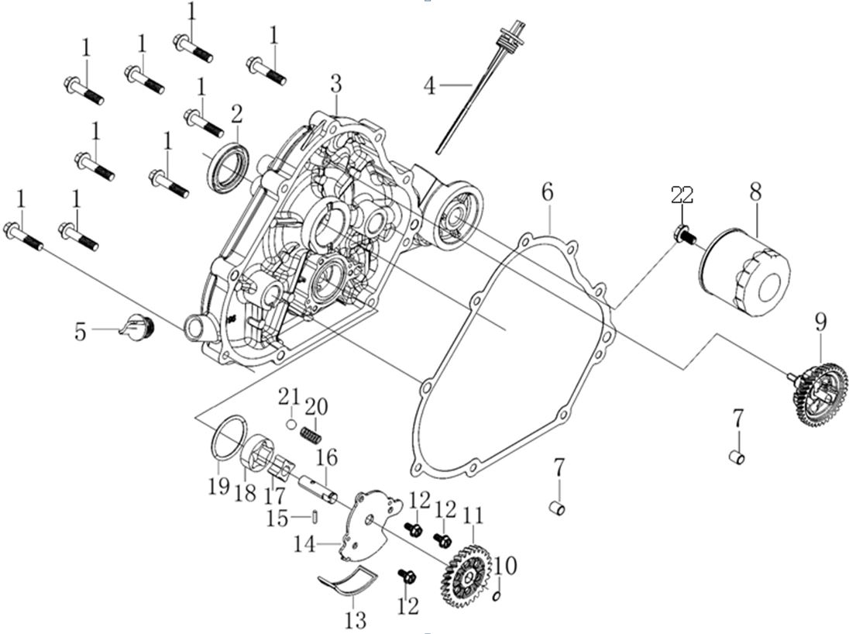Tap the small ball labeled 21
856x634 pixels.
[290, 424]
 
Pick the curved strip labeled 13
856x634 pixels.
[350, 584]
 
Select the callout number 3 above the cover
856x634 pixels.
[335, 83]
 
